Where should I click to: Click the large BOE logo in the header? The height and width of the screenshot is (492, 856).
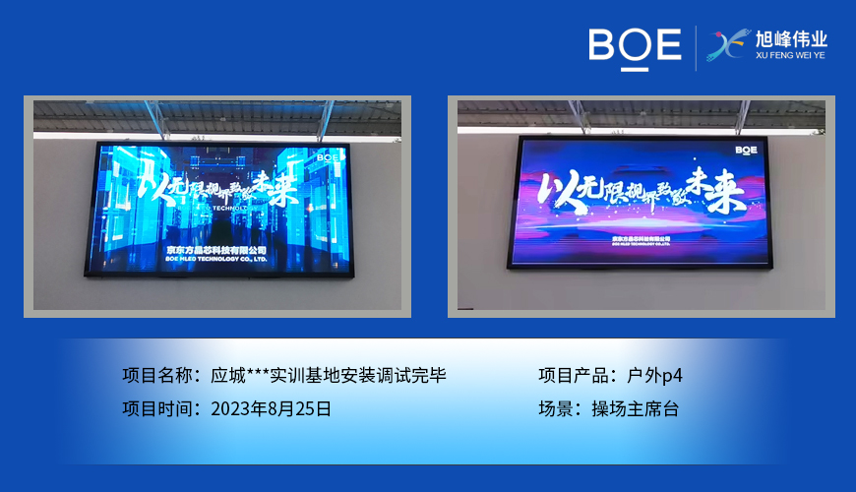pyautogui.click(x=635, y=46)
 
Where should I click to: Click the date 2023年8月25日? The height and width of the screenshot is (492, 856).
pyautogui.click(x=271, y=408)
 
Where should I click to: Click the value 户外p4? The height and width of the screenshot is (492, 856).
pyautogui.click(x=653, y=375)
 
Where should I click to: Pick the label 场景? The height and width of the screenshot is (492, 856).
pyautogui.click(x=558, y=408)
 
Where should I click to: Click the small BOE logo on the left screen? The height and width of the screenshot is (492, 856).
pyautogui.click(x=328, y=155)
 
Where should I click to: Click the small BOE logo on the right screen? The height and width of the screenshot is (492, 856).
pyautogui.click(x=747, y=150)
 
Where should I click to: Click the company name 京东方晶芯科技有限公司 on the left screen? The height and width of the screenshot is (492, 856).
pyautogui.click(x=215, y=251)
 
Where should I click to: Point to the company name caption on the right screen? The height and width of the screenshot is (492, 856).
pyautogui.click(x=641, y=239)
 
